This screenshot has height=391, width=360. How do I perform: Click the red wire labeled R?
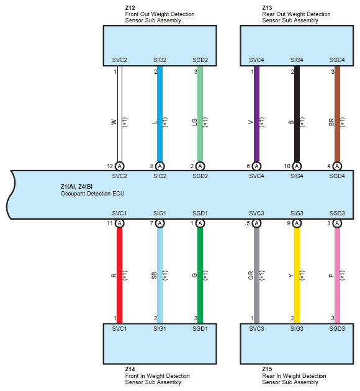point(119,276)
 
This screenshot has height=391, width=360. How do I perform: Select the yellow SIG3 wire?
point(297,276)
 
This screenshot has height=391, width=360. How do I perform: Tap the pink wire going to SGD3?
point(337,276)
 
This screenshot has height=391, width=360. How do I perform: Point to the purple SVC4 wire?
point(256,114)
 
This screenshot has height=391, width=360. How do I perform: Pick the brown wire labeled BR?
point(337,114)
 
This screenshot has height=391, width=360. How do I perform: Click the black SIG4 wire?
point(297,114)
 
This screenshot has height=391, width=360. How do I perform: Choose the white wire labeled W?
point(120,114)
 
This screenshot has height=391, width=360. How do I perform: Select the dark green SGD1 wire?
point(200,276)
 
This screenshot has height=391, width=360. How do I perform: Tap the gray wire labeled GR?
point(256,276)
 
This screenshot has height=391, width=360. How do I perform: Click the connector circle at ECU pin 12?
point(120,166)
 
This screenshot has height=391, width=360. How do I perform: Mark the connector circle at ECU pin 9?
point(297,223)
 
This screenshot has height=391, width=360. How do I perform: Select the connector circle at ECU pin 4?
point(337,166)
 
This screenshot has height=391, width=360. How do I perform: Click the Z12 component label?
point(130,7)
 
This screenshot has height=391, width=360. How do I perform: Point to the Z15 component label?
point(267,369)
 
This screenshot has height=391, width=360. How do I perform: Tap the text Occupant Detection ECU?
point(92,194)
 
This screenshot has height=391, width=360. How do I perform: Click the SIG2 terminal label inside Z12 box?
point(160,60)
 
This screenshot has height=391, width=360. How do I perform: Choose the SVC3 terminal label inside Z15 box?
point(256,329)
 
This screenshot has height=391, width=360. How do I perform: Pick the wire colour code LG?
point(195,122)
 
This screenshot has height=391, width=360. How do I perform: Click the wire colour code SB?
point(155,276)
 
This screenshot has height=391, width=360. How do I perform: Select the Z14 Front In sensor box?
point(160,344)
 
